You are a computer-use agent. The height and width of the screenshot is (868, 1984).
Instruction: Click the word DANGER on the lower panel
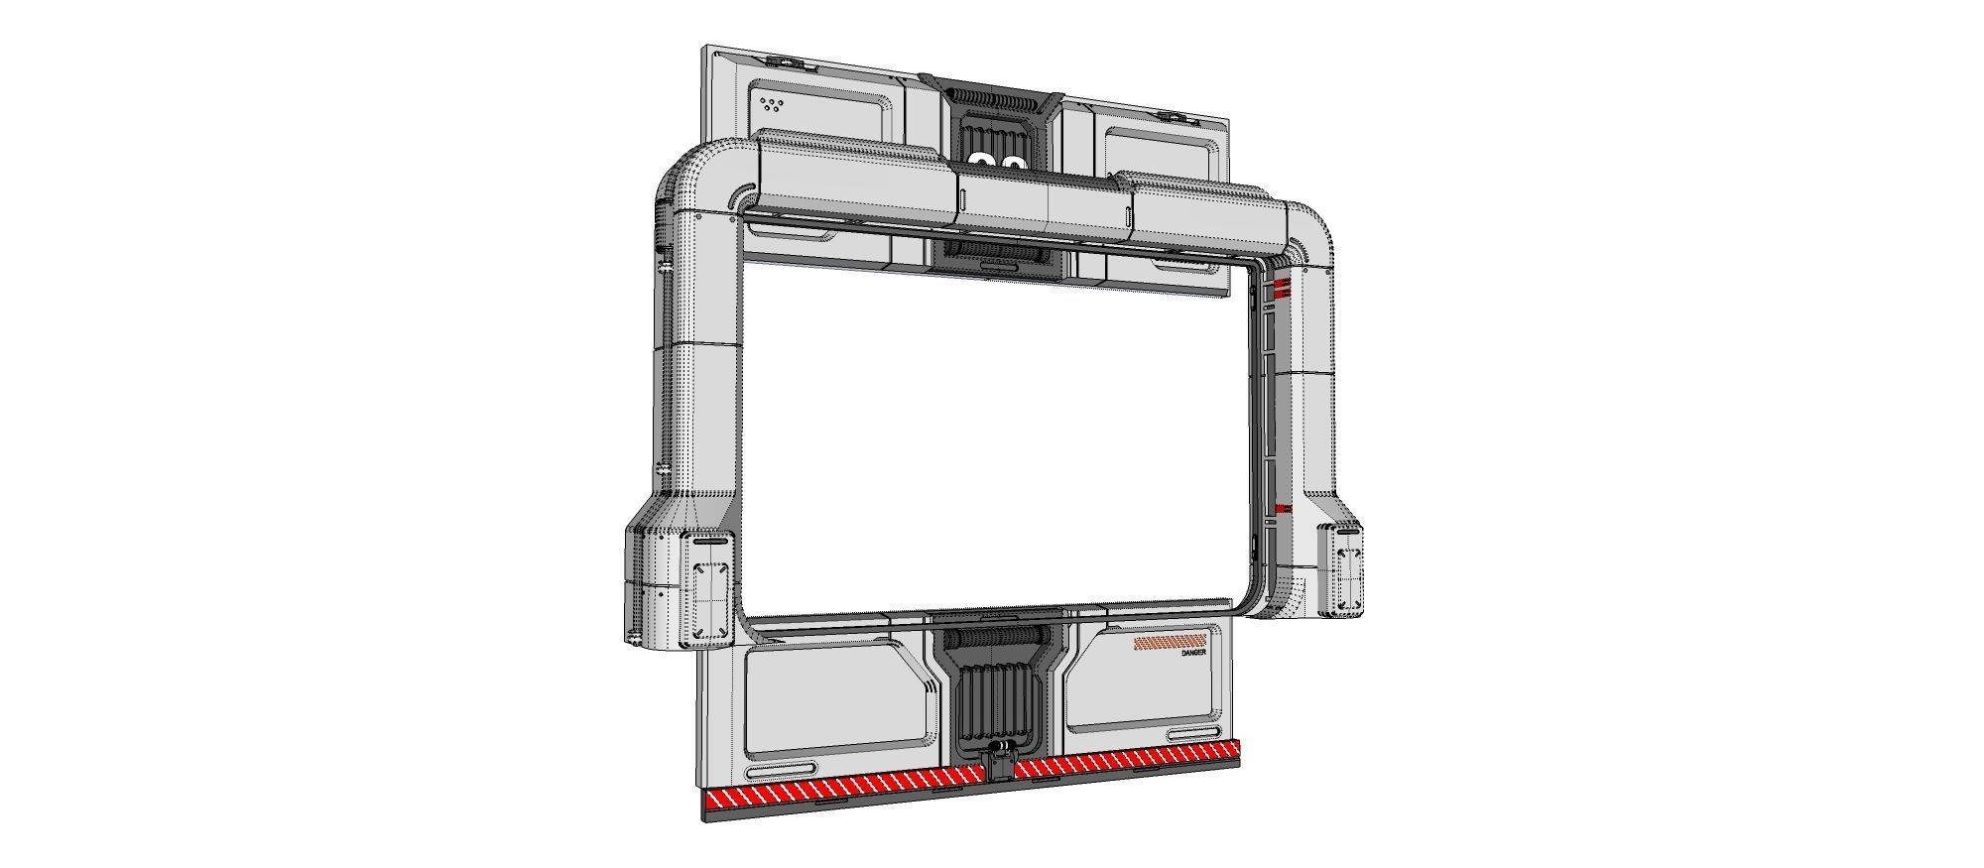click(x=1194, y=653)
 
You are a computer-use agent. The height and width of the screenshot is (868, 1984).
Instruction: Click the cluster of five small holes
click(x=770, y=103)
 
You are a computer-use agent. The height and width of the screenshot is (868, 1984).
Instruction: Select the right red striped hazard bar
click(x=1126, y=760)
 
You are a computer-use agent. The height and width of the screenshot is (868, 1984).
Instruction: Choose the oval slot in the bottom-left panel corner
click(x=781, y=770)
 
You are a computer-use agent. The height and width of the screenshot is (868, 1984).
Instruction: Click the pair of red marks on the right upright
click(x=1282, y=288)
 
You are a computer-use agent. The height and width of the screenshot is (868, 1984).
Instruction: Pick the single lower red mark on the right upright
click(x=1282, y=510)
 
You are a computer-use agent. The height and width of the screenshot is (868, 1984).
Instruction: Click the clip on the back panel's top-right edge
click(x=1178, y=117)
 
